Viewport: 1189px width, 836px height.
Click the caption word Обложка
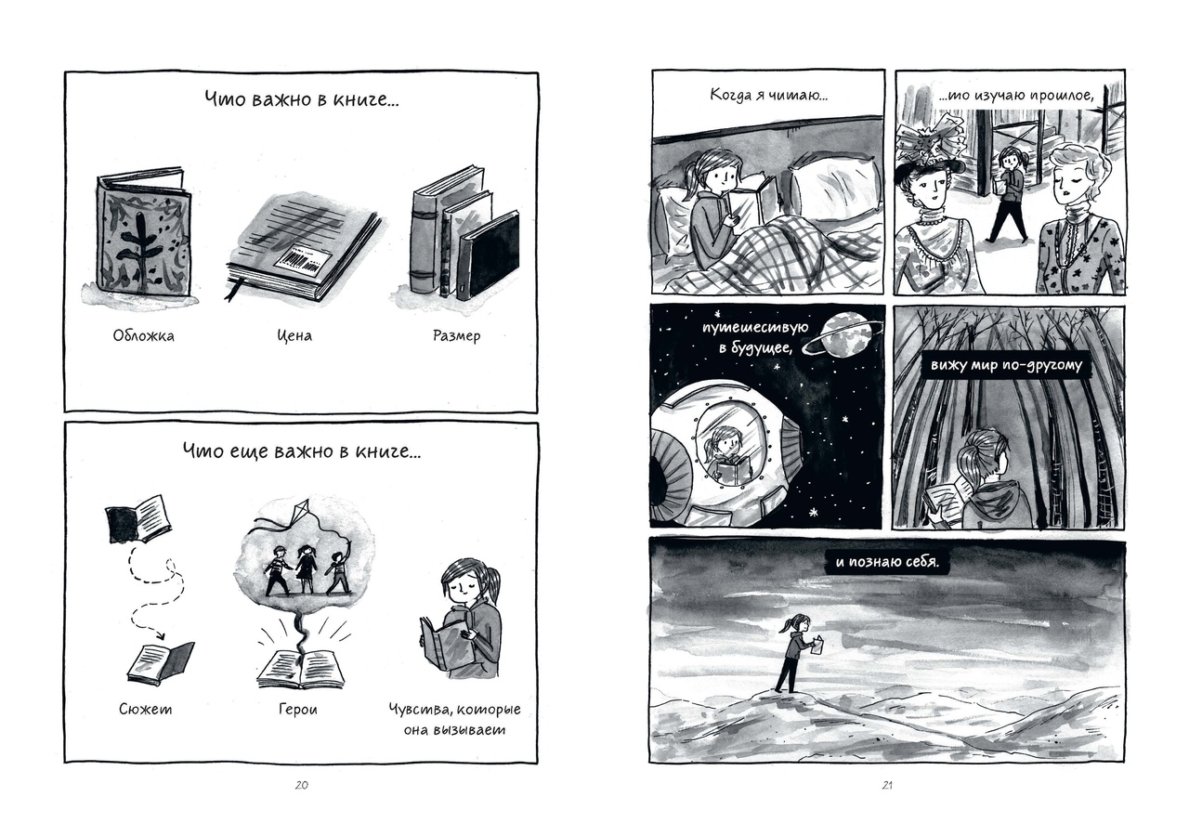(x=143, y=336)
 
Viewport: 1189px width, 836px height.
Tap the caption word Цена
(x=294, y=336)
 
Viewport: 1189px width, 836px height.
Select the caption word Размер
(x=456, y=336)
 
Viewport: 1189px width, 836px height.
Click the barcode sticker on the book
(x=303, y=261)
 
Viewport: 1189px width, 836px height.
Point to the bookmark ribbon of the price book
(x=233, y=289)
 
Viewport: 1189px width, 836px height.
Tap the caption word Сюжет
(x=146, y=710)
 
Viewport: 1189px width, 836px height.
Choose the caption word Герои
(x=298, y=710)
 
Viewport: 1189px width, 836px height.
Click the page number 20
(x=301, y=786)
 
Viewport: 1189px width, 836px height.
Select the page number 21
(x=887, y=786)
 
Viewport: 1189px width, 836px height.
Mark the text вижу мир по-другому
(x=1006, y=366)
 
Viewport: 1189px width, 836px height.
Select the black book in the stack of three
(x=489, y=255)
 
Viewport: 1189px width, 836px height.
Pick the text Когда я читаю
(x=769, y=96)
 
